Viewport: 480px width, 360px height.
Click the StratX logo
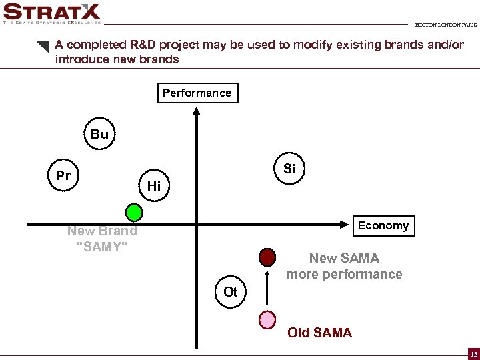[51, 13]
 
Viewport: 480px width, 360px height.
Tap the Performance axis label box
[197, 93]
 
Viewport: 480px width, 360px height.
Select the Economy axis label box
[383, 225]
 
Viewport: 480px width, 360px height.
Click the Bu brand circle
[99, 134]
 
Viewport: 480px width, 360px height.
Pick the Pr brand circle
[63, 176]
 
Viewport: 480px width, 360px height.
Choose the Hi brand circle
[154, 186]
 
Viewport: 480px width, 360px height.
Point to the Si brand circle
[289, 169]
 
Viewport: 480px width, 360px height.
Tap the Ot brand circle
[231, 292]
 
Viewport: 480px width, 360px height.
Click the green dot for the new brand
[135, 213]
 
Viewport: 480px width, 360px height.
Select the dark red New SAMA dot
[267, 257]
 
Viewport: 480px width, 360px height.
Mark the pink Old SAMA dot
[267, 319]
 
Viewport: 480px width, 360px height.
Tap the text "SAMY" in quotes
[102, 247]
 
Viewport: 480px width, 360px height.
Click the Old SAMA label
[319, 333]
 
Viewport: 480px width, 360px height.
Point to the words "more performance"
[344, 274]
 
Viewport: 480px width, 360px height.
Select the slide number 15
[473, 353]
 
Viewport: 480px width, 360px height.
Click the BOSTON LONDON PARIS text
[445, 25]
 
